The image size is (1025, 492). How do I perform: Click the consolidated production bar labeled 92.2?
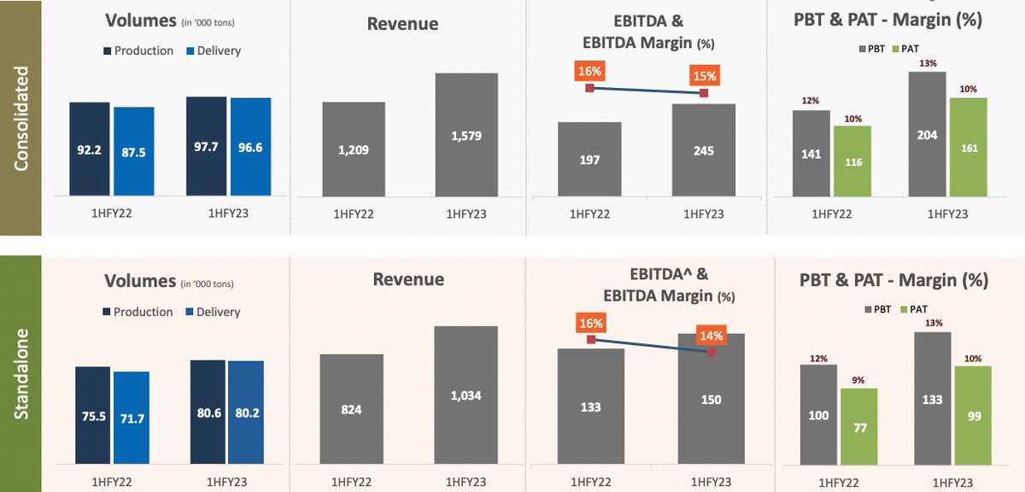point(90,149)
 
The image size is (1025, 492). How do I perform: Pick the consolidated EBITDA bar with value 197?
point(589,160)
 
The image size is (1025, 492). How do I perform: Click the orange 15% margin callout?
point(705,75)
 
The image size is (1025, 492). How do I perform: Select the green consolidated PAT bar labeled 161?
point(968,147)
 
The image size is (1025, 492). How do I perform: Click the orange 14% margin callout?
point(711,336)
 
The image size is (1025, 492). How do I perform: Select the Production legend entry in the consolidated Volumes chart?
point(138,51)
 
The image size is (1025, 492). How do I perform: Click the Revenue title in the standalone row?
point(408,279)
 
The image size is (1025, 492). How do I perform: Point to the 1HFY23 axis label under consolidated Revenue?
point(466,214)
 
